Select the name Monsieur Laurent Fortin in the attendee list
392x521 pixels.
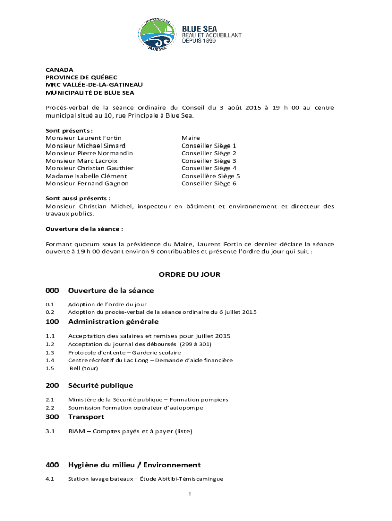[x=83, y=138]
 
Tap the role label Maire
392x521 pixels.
[x=190, y=138]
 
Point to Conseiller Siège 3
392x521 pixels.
[x=209, y=161]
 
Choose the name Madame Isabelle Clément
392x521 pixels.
[x=86, y=176]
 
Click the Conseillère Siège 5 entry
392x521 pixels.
[x=210, y=176]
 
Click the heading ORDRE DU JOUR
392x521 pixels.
[x=189, y=274]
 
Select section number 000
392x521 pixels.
[x=52, y=291]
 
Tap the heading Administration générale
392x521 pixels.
[x=113, y=322]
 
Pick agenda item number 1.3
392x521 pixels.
[x=50, y=352]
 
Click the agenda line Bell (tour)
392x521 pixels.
[x=83, y=368]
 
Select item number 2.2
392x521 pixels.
[x=50, y=408]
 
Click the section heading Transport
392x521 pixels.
[x=86, y=417]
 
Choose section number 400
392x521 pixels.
[x=52, y=465]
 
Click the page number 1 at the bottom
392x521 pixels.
[x=189, y=494]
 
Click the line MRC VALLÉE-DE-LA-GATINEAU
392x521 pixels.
[x=94, y=84]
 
